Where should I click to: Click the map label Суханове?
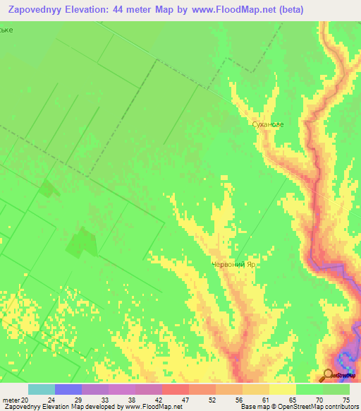(268, 124)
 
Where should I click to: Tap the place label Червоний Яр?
(233, 265)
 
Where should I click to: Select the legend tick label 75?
(345, 399)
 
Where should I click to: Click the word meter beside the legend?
(11, 399)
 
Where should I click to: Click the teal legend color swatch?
(42, 389)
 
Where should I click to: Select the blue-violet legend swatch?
(68, 389)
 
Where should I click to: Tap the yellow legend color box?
(283, 389)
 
